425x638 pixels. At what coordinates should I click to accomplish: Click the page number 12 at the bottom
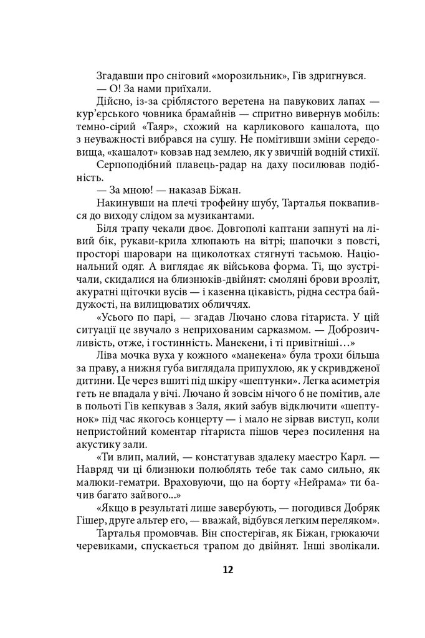(x=212, y=569)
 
